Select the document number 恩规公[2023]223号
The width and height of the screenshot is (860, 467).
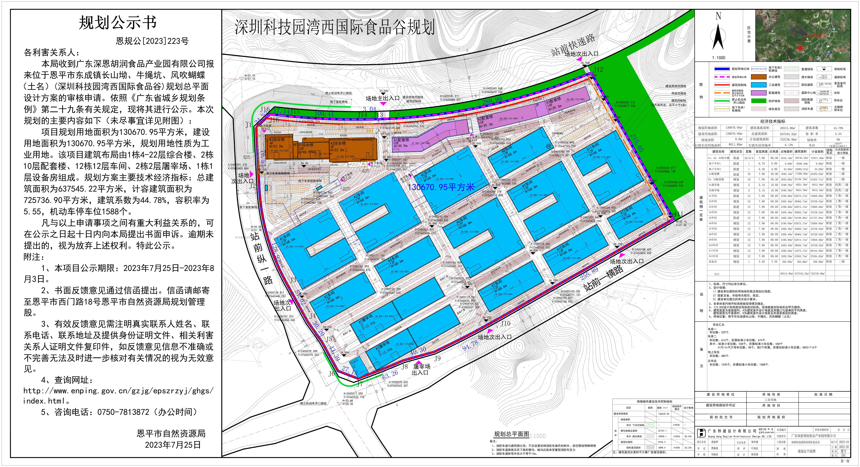tap(152, 41)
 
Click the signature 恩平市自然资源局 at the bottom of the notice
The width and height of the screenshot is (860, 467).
tap(171, 434)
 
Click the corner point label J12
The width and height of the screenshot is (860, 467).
tap(598, 69)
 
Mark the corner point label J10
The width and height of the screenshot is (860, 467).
tap(505, 323)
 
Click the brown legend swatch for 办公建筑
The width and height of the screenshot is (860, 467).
tap(759, 77)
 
